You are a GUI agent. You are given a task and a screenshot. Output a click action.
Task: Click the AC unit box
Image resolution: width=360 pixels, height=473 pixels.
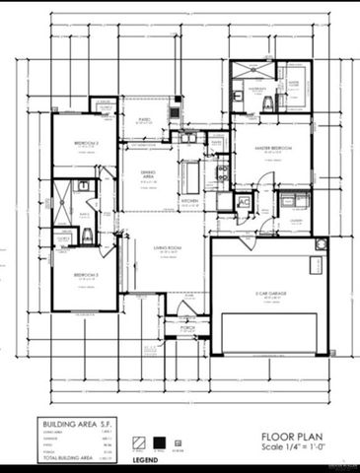click(244, 202)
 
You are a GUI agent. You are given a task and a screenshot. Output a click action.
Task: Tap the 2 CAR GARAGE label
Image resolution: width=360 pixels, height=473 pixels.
click(268, 295)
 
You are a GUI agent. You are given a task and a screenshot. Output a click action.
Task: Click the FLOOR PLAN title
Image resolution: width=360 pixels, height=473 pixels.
click(288, 435)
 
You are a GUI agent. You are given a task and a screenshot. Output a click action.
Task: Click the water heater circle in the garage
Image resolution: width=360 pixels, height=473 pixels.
click(319, 243)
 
